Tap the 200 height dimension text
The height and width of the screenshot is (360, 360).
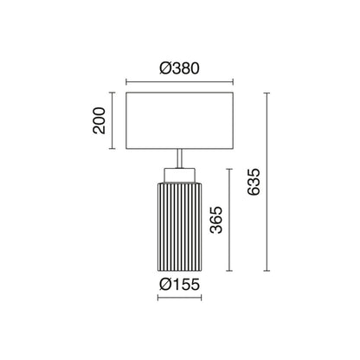[98, 122]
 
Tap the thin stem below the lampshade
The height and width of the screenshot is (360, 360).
[179, 159]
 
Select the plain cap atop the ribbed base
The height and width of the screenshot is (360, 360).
[179, 176]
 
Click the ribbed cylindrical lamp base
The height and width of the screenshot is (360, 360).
[179, 227]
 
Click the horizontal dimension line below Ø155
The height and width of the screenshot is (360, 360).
[179, 299]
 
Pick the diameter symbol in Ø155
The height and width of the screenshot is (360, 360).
[164, 285]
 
